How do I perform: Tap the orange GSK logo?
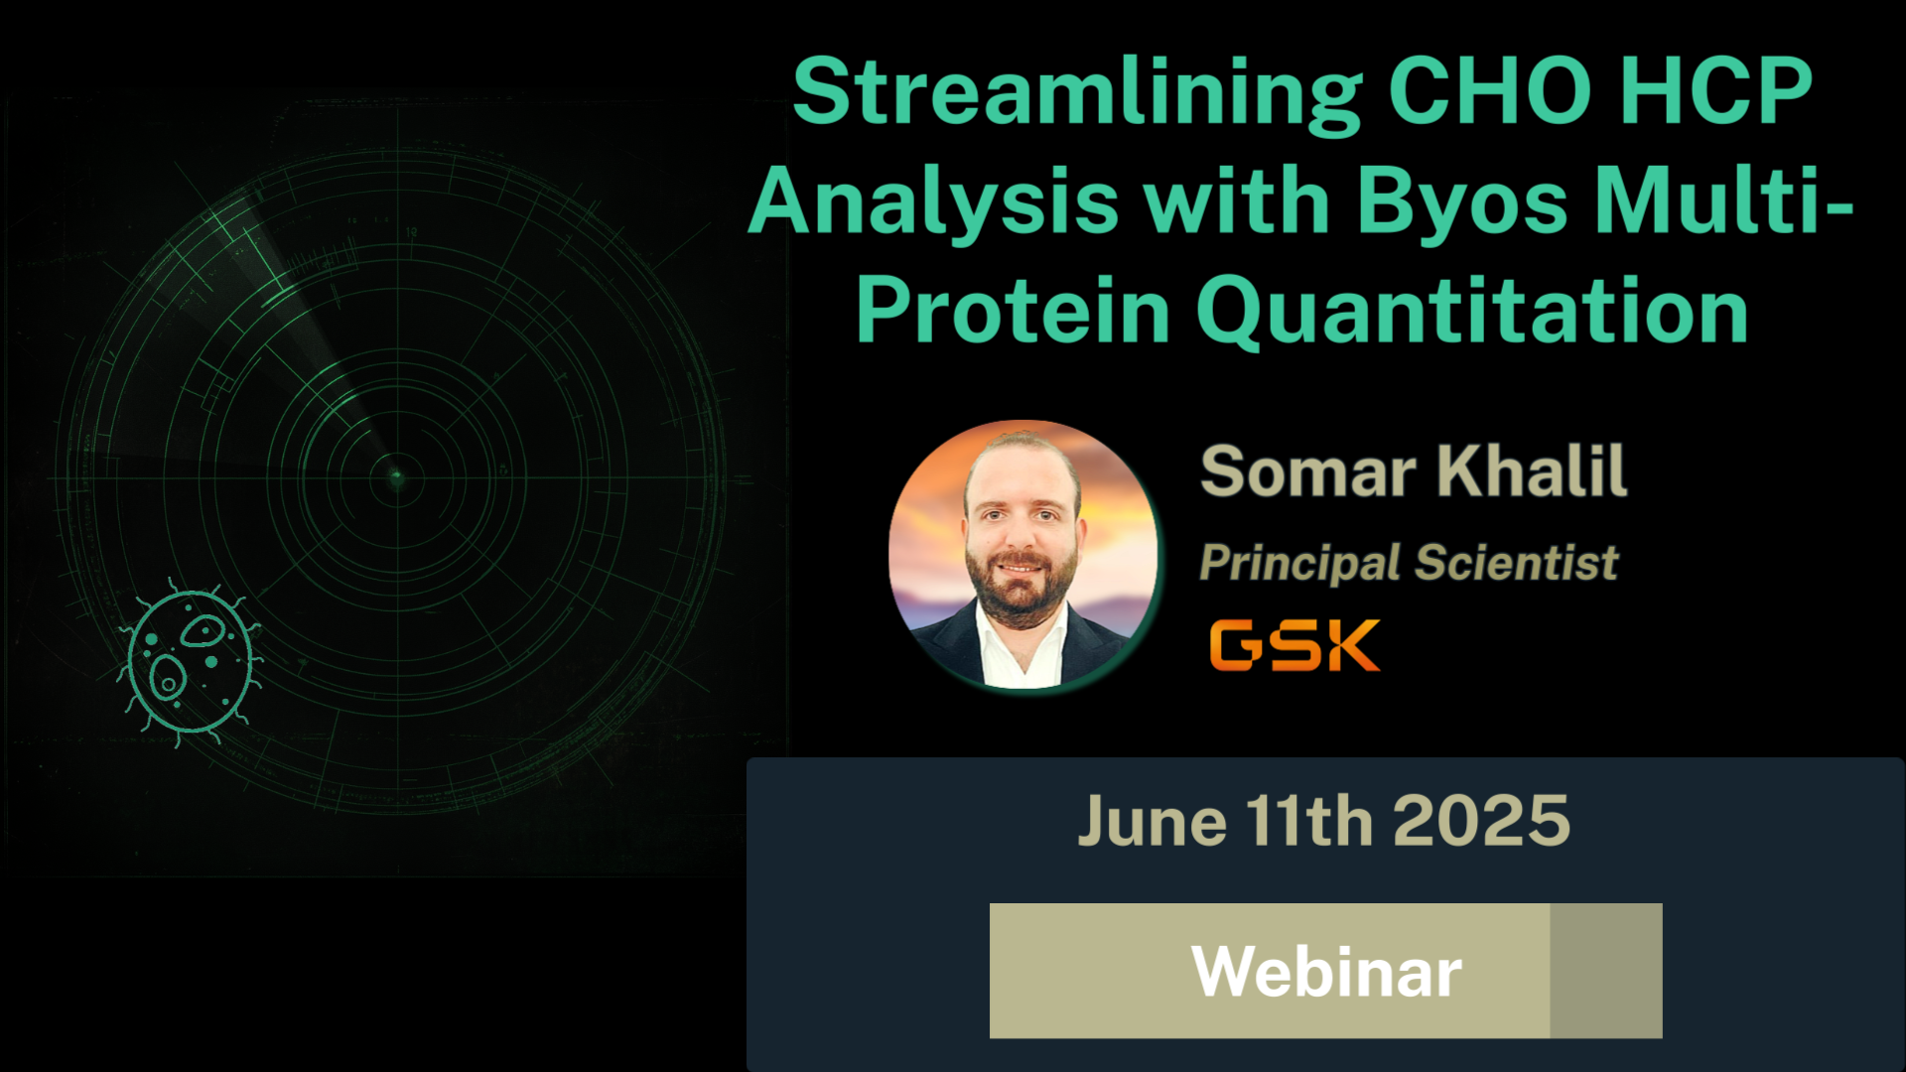[1294, 645]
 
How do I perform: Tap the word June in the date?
[1153, 822]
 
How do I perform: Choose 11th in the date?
[1310, 822]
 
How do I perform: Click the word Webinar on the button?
[1327, 972]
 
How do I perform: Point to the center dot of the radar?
[397, 478]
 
